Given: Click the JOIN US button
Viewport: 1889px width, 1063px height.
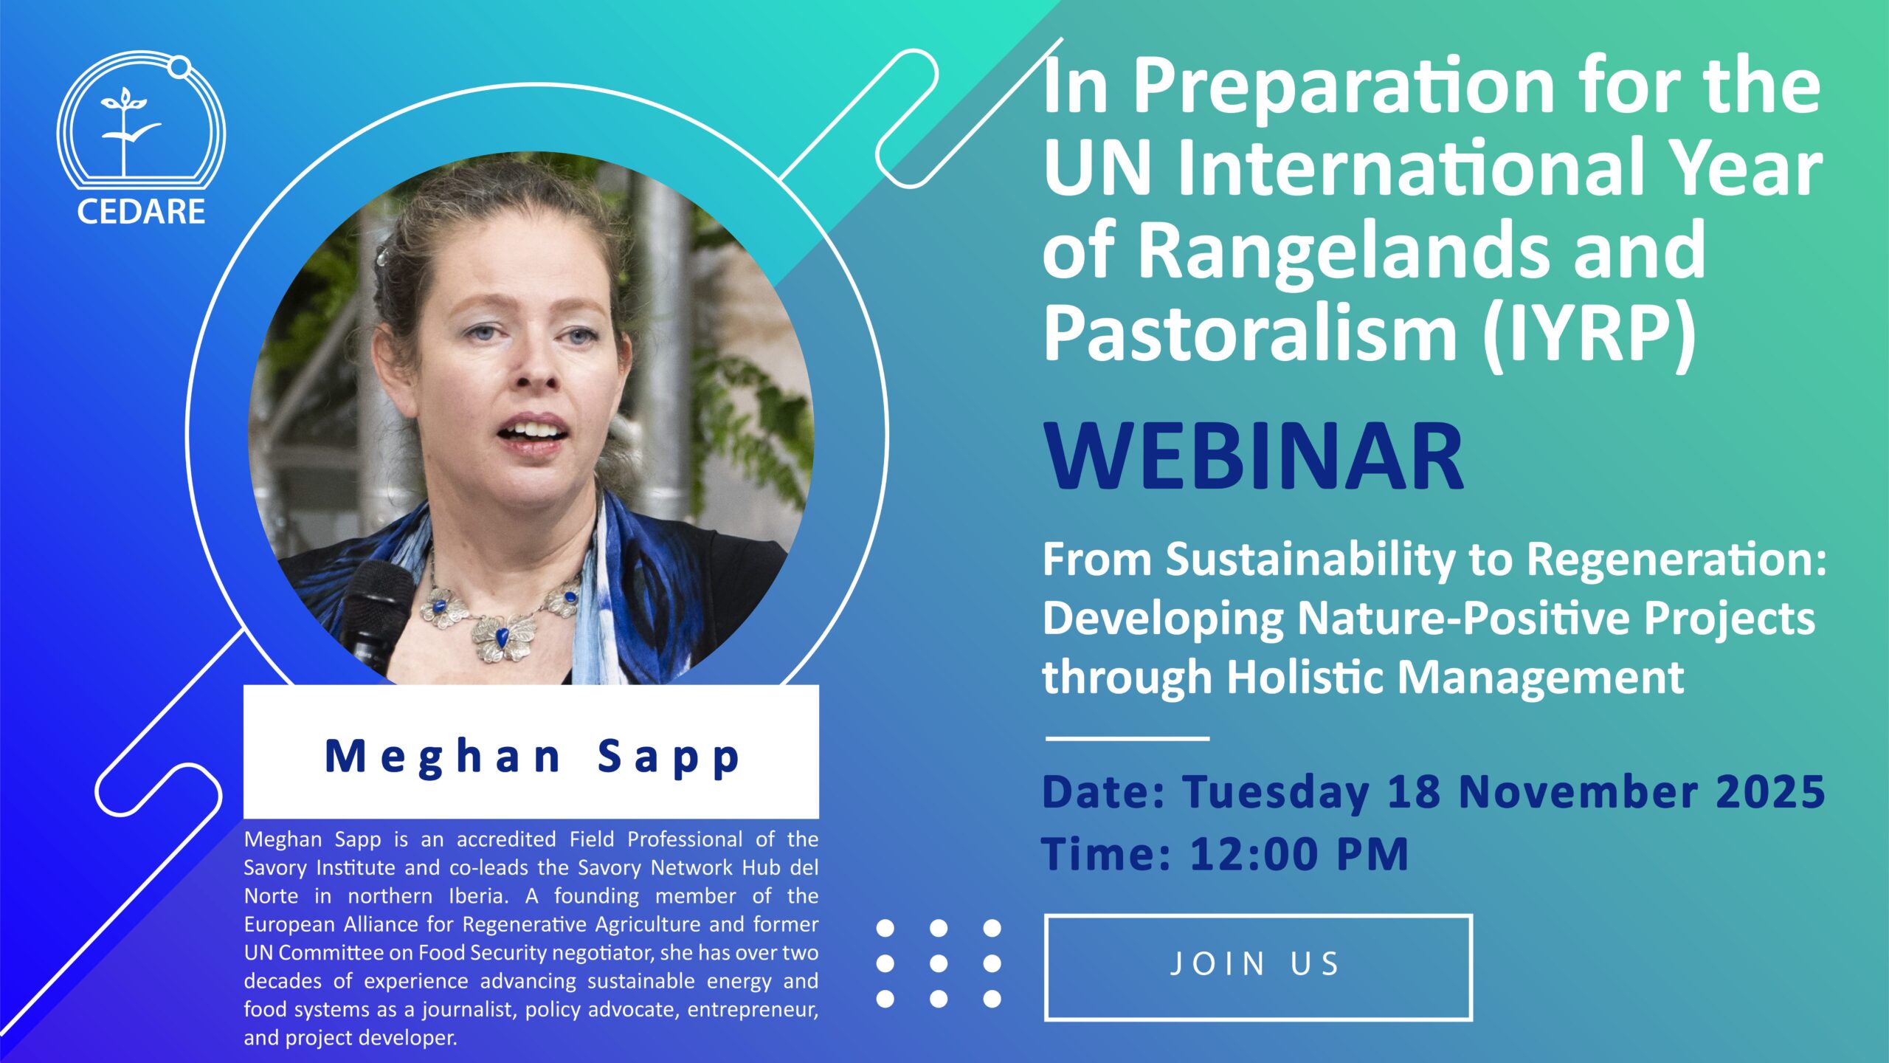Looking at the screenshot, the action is [1258, 967].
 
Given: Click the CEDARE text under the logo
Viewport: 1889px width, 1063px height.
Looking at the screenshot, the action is [141, 212].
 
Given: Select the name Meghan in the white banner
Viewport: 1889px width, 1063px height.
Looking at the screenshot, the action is [443, 757].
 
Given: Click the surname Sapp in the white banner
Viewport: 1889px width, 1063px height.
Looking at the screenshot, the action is [669, 758].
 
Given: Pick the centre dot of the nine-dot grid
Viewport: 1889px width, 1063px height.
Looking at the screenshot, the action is [939, 963].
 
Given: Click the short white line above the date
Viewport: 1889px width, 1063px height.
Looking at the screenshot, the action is [1127, 737].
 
